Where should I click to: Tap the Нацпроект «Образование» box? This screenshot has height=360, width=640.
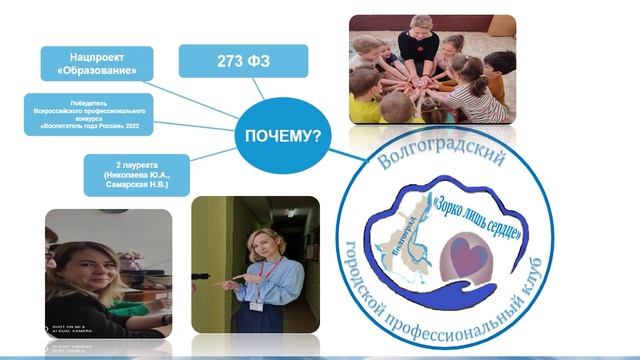point(97,62)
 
